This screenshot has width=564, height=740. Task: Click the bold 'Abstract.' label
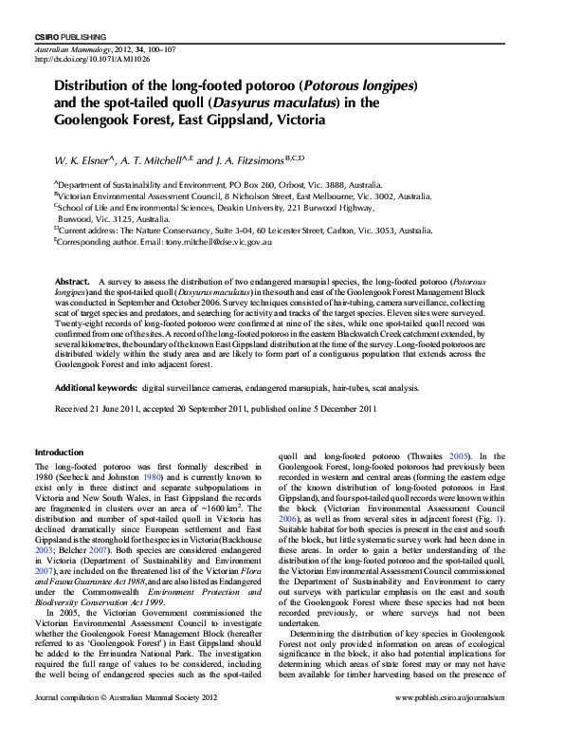tap(73, 283)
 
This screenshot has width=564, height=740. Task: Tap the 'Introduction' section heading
tap(60, 452)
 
